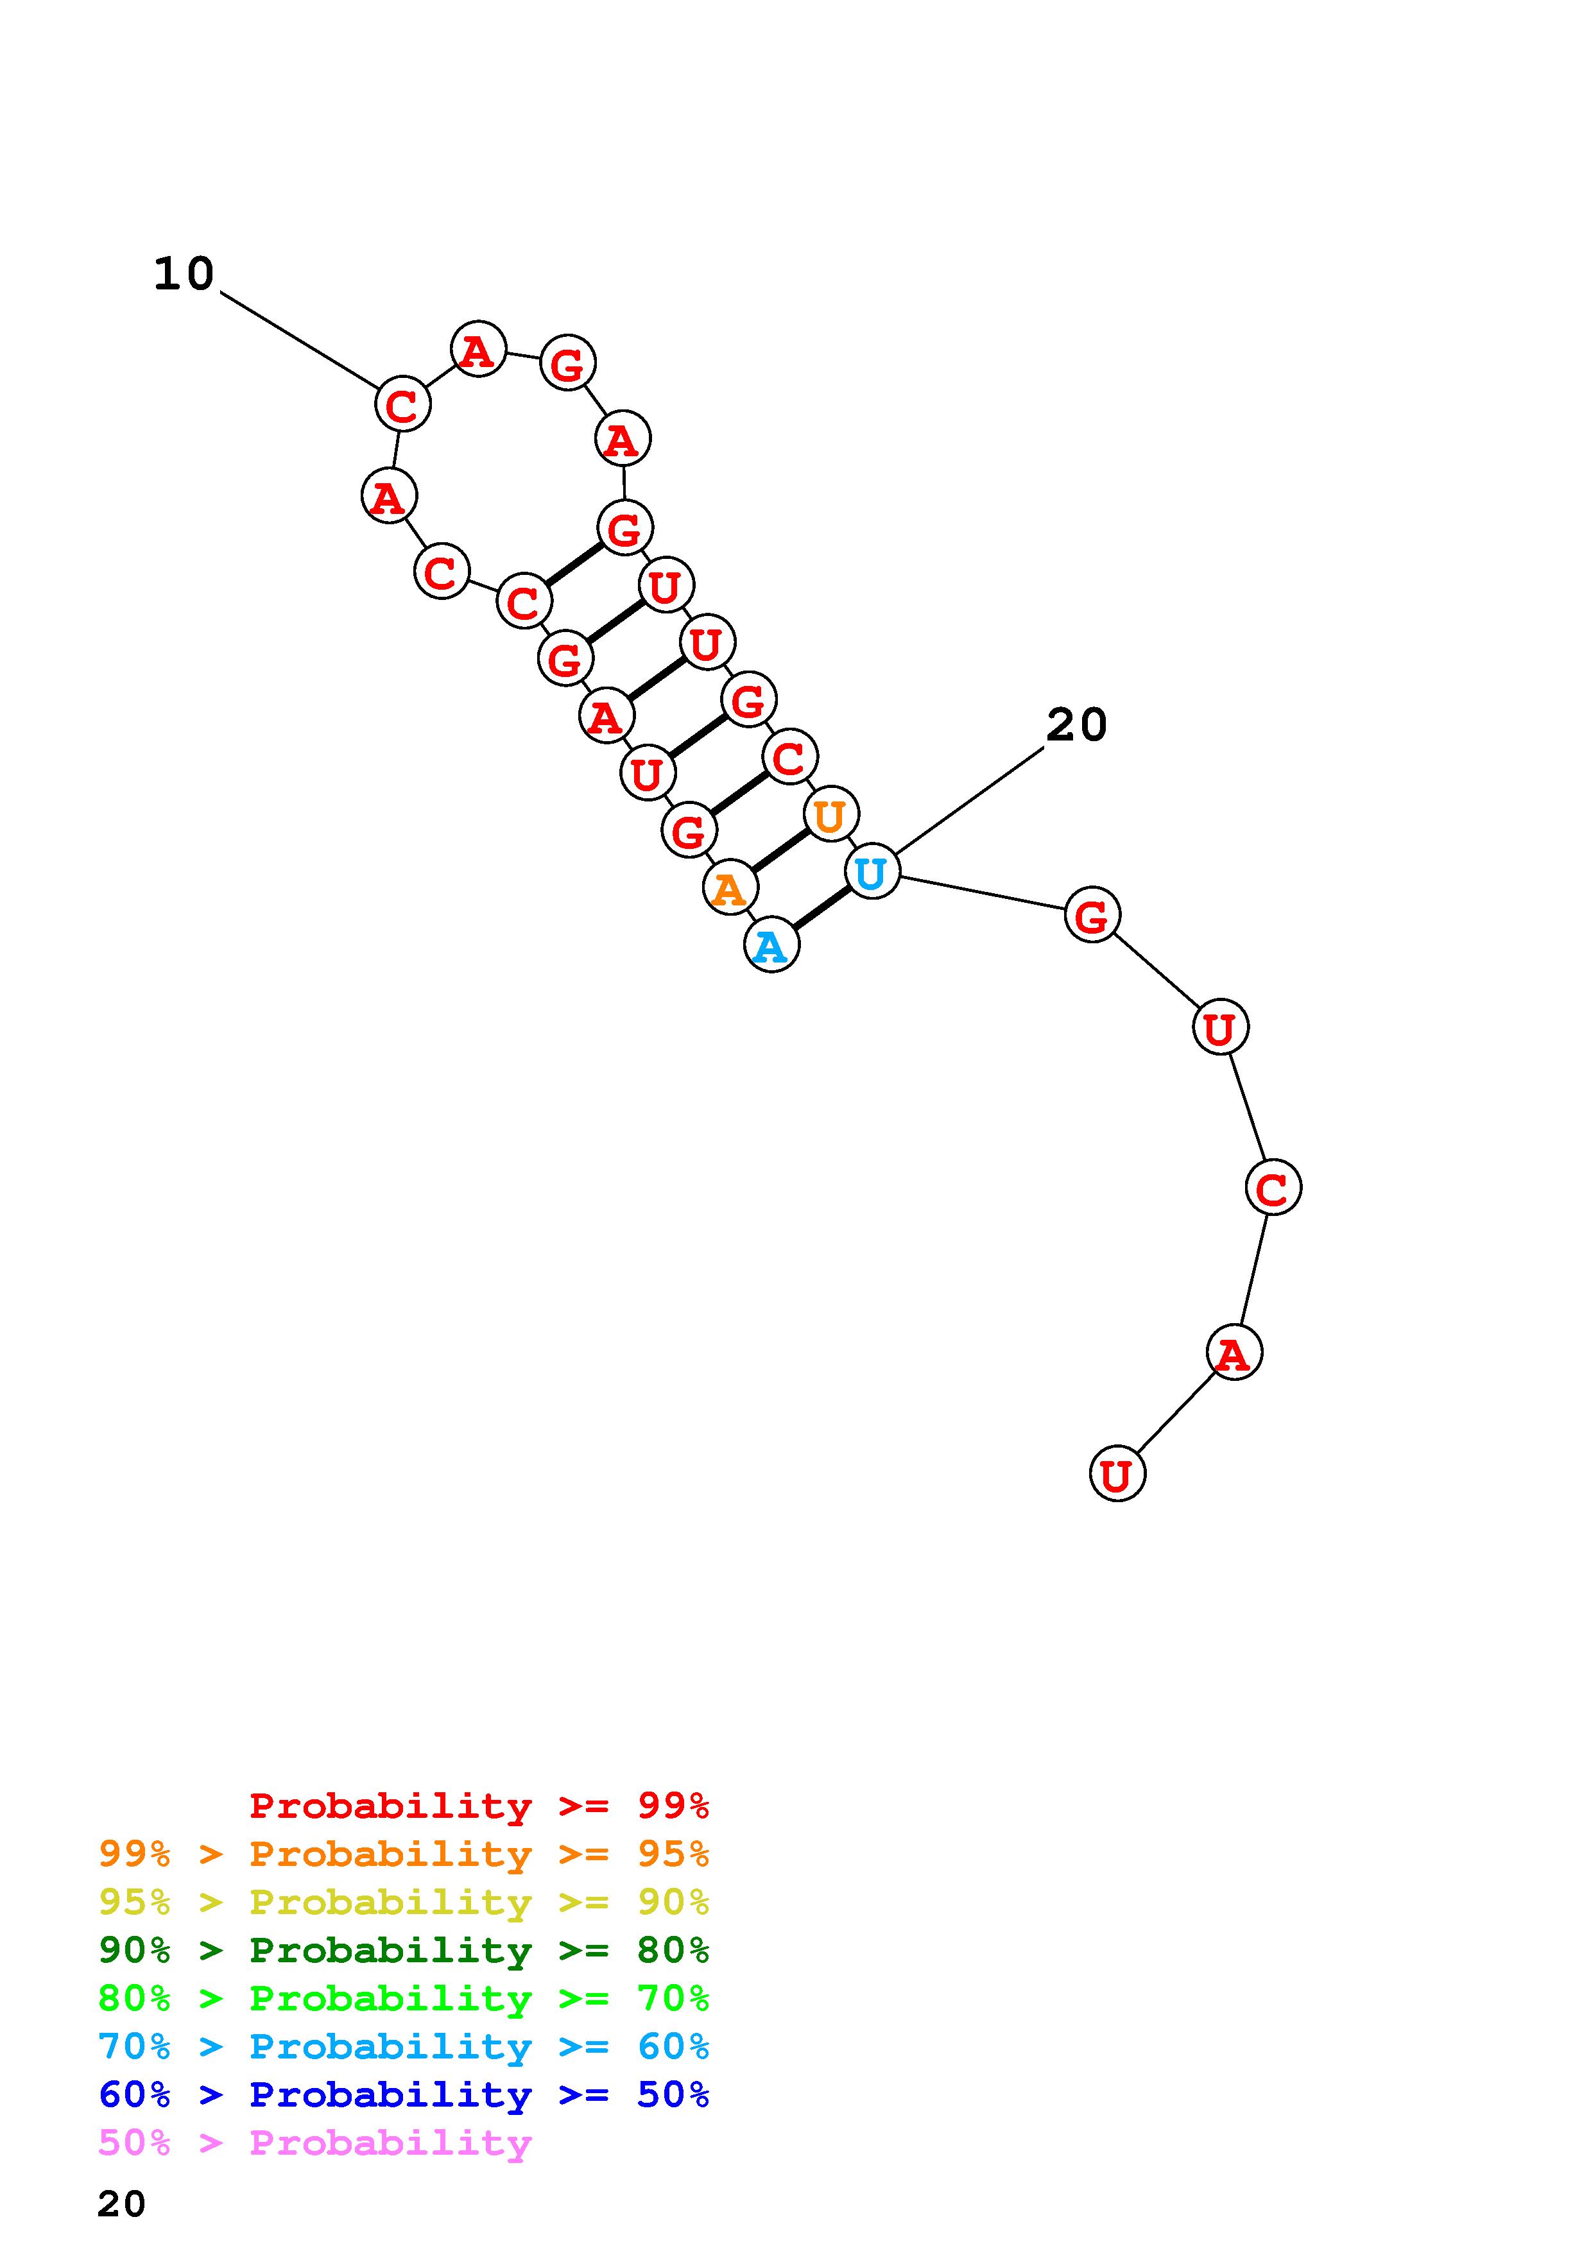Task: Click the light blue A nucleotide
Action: coord(771,945)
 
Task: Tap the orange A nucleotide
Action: coord(729,888)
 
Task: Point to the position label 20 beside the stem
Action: coord(1076,726)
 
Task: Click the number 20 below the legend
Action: coord(121,2203)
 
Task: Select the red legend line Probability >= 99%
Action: coord(479,1805)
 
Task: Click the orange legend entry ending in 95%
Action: coord(404,1854)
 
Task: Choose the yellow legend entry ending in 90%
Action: coord(404,1902)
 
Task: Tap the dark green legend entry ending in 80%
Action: coord(404,1950)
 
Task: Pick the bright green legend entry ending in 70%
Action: coord(404,1998)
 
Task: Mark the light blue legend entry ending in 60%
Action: coord(404,2046)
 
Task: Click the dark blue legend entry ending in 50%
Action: coord(404,2094)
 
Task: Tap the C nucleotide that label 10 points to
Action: coord(402,404)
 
